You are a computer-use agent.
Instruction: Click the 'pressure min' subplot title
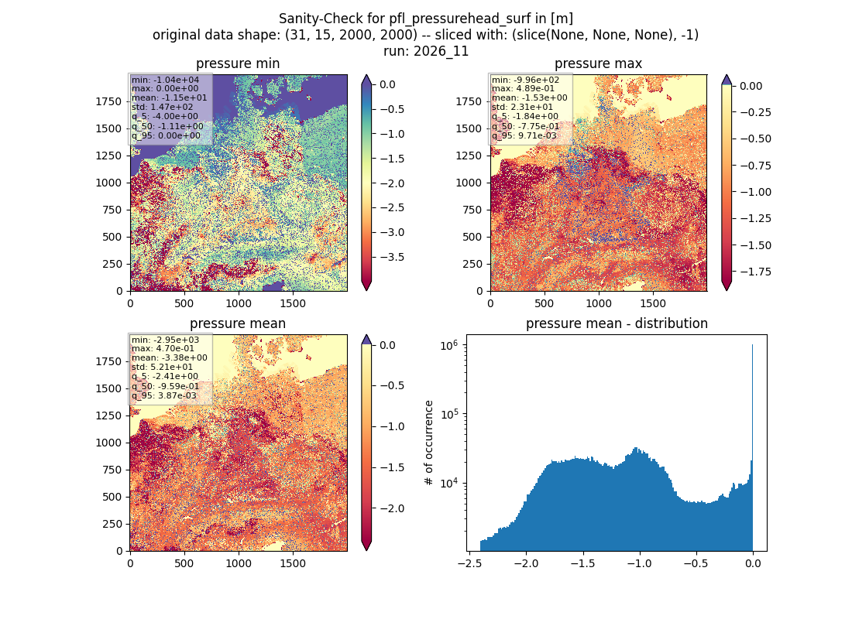[x=238, y=63]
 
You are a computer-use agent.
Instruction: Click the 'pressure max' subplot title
[x=598, y=63]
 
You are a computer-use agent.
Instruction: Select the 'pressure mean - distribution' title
[x=617, y=323]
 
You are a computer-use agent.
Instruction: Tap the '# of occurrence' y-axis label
[x=429, y=443]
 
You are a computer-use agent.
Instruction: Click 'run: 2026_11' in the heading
[x=426, y=51]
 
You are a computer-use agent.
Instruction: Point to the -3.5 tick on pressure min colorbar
[x=391, y=257]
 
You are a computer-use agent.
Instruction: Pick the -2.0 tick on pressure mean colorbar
[x=391, y=508]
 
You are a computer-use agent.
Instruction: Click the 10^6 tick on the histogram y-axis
[x=449, y=345]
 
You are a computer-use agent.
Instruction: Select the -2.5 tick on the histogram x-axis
[x=469, y=563]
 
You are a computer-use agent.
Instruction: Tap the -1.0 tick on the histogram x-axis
[x=639, y=563]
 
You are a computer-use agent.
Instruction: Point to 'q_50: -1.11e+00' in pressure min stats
[x=167, y=127]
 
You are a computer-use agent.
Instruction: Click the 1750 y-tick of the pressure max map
[x=469, y=101]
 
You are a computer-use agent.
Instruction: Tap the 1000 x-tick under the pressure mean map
[x=239, y=563]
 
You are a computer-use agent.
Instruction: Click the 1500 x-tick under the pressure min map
[x=293, y=303]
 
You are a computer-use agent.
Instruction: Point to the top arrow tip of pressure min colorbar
[x=367, y=75]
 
